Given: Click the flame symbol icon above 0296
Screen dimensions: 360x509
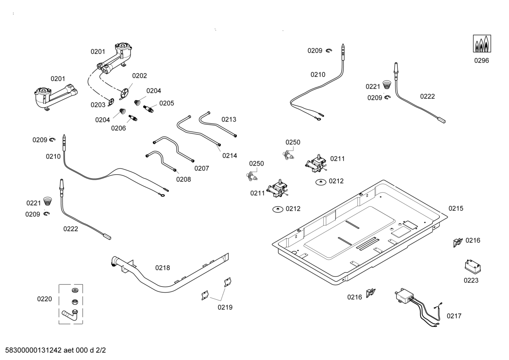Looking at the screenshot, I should click(x=482, y=44).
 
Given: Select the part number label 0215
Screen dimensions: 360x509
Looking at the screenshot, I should click(x=456, y=208).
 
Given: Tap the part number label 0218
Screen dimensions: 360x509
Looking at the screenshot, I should click(x=163, y=268).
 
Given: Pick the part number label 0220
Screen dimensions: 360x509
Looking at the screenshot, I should click(x=44, y=299).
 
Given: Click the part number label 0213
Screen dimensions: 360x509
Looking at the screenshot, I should click(x=229, y=119).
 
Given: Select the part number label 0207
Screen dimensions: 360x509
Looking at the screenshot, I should click(x=202, y=169).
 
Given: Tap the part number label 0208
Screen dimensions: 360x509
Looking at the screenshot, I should click(x=184, y=179).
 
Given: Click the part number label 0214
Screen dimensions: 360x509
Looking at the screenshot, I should click(x=229, y=155).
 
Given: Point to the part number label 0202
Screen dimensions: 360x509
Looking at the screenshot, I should click(x=139, y=76).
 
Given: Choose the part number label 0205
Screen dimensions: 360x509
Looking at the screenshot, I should click(x=167, y=103).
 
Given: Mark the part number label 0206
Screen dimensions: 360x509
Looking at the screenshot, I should click(x=119, y=128).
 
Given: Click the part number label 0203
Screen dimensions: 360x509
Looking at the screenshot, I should click(x=98, y=105).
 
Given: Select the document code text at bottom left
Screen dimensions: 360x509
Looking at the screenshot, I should click(x=55, y=350).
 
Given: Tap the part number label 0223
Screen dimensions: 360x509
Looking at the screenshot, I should click(x=471, y=281).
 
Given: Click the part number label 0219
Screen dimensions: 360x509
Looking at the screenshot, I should click(x=225, y=307).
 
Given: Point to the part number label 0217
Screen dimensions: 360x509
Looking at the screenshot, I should click(x=454, y=316).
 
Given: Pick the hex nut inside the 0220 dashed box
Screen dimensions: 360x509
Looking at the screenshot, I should click(x=74, y=302).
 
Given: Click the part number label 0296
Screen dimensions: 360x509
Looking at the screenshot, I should click(x=481, y=61).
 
